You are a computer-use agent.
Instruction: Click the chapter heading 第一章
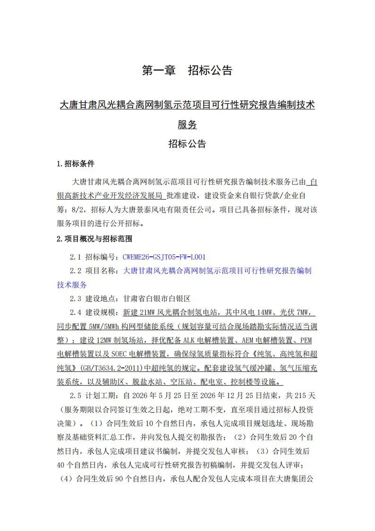159,71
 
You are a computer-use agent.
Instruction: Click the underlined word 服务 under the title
187,125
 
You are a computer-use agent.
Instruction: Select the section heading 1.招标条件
76,164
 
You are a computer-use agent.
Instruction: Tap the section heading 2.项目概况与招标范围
94,238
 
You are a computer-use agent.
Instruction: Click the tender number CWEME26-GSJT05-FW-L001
164,257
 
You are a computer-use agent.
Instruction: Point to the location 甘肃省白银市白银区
156,299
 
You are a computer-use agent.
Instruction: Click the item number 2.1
76,257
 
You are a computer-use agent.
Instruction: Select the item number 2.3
76,299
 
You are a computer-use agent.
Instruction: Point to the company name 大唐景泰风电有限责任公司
159,209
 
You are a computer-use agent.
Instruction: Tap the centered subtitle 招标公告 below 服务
187,144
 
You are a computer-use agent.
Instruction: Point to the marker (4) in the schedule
65,479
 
